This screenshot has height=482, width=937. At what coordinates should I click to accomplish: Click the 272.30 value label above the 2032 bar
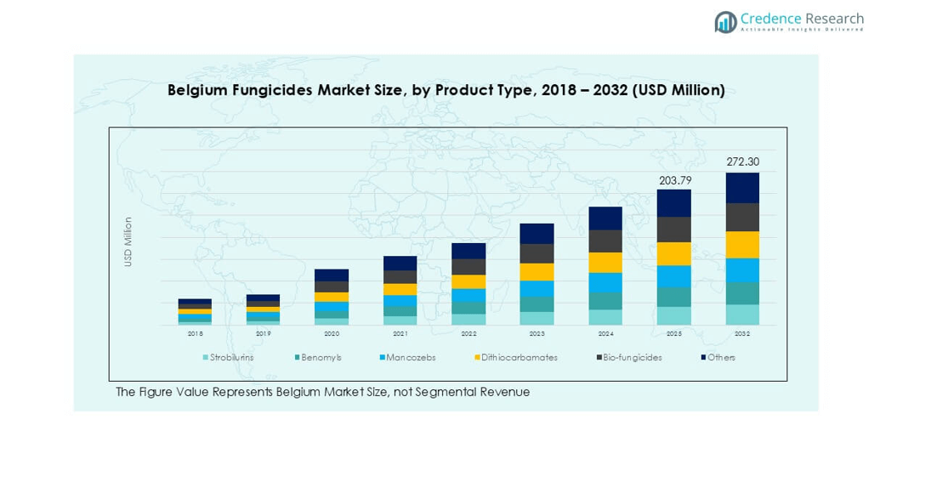point(742,162)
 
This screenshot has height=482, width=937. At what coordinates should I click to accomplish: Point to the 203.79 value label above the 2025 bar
point(674,180)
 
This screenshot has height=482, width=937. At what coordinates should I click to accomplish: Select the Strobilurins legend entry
point(230,358)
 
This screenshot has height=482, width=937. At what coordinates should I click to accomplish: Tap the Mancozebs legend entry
point(410,358)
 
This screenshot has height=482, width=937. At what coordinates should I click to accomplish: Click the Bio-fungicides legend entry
point(632,358)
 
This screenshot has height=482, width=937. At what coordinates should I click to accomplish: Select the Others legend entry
point(721,358)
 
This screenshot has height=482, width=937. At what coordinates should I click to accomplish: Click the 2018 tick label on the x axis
point(195,334)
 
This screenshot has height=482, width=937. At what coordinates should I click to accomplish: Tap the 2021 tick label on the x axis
point(400,334)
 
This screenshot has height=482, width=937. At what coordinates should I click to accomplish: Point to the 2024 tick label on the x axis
point(605,334)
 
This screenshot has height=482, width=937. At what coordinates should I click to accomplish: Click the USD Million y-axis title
point(128,242)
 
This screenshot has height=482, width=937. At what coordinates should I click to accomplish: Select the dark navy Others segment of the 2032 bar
point(742,188)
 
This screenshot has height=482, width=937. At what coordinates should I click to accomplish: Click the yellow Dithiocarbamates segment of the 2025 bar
point(674,253)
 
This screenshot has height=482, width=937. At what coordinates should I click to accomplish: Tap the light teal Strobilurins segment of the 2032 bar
point(742,315)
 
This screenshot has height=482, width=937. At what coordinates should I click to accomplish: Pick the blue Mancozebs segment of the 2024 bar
point(605,282)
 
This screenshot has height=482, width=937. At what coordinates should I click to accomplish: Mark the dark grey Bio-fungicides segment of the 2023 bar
point(537,253)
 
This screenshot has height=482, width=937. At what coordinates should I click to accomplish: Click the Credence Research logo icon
point(725,22)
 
